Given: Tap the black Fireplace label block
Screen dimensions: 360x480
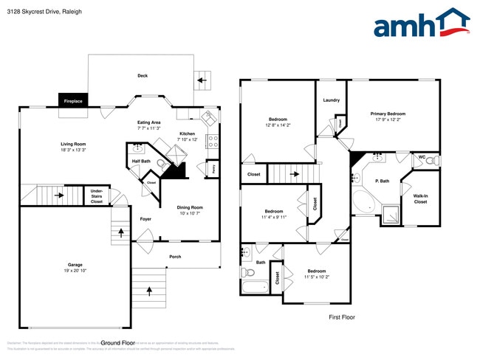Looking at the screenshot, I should tap(73, 100).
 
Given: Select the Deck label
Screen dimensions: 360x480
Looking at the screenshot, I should tap(143, 76).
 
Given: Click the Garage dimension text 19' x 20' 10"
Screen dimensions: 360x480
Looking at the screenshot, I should tap(75, 271).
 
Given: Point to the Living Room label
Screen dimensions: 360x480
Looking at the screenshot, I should tap(73, 144).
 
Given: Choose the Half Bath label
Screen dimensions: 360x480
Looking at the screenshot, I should tap(141, 161).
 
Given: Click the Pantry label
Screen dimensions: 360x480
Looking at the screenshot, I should tap(212, 169).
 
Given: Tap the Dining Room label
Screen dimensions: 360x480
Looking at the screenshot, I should tap(191, 207).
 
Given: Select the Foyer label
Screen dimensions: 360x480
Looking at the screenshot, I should tap(145, 219).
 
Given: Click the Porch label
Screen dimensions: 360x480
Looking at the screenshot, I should tap(175, 257).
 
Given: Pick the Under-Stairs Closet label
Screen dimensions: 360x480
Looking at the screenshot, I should tap(97, 195).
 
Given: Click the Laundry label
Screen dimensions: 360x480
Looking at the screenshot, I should tap(331, 100).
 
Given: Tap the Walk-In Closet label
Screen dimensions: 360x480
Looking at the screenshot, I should tap(420, 198).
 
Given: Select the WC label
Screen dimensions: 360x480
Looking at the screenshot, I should tap(422, 156).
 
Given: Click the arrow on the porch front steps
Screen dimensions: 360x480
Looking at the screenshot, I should tap(149, 290).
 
